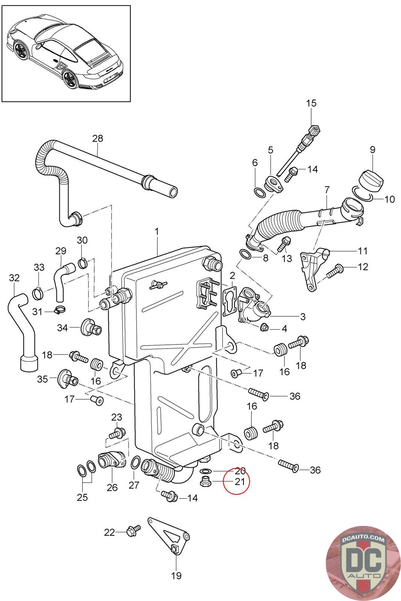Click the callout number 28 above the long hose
pos(97,139)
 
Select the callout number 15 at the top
pos(312,103)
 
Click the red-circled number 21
pos(240,481)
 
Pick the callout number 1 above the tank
pos(157,232)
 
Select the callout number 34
pos(62,328)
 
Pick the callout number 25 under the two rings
pos(82,497)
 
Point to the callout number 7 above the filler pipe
pos(326,189)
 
